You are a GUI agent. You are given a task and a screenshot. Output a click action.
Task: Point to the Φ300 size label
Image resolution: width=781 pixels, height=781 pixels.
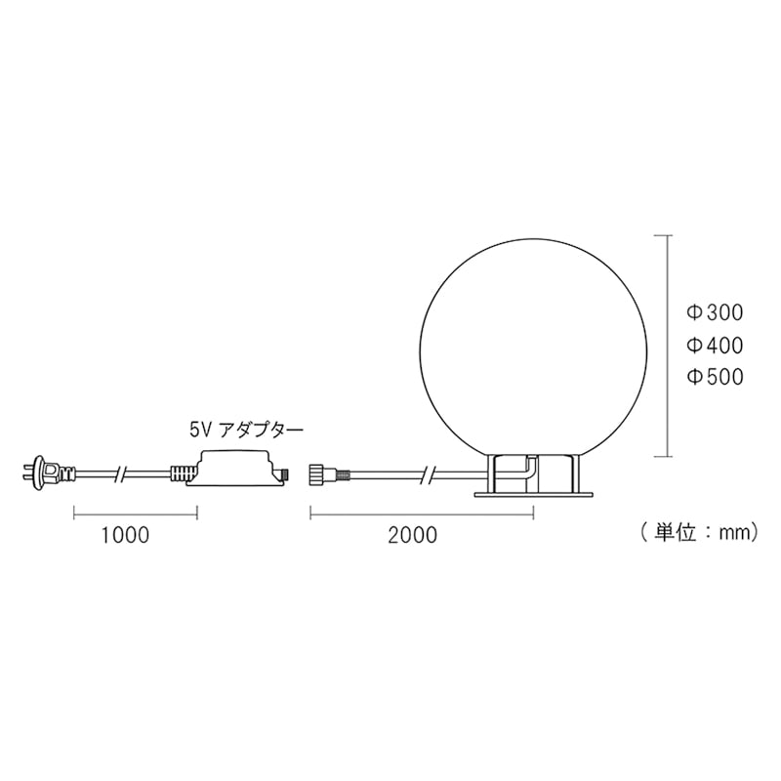point(715,313)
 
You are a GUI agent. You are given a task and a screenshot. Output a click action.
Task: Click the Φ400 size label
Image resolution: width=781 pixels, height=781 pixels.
point(715,346)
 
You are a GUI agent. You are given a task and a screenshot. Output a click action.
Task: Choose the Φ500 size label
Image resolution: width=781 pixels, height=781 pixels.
point(715,377)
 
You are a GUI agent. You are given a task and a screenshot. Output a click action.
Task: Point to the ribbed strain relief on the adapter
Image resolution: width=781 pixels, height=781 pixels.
point(182,474)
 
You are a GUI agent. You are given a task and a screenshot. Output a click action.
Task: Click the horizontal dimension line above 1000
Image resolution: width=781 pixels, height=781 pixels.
point(135,511)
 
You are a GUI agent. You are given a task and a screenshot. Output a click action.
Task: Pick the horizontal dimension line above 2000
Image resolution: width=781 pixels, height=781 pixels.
point(422,511)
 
